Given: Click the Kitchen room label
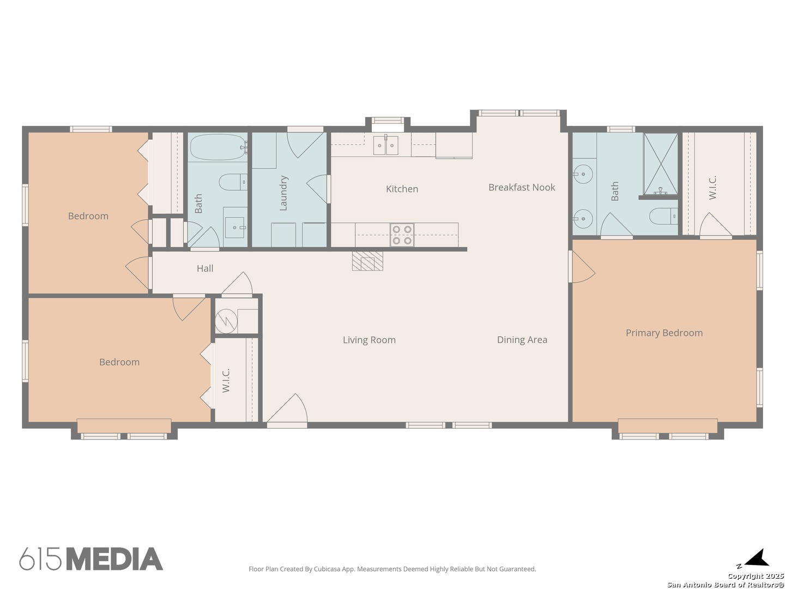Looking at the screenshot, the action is [x=402, y=189].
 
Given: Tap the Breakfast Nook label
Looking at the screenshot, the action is [x=522, y=188].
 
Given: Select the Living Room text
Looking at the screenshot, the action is [x=369, y=340].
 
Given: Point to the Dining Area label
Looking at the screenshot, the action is [x=522, y=340].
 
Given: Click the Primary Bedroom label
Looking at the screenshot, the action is [x=664, y=333].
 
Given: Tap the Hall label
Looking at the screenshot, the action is [x=205, y=268].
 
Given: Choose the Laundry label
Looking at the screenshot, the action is [x=283, y=193].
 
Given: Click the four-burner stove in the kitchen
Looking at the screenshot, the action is [x=402, y=235].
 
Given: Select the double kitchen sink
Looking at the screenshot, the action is [x=385, y=145].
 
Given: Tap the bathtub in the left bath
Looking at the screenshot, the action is [x=219, y=147].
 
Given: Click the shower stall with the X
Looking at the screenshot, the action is [x=660, y=164].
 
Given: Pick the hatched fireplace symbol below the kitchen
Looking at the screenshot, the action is [x=367, y=261].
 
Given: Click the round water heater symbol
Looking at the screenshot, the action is [x=226, y=321].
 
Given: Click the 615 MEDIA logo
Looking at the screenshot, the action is [x=91, y=558].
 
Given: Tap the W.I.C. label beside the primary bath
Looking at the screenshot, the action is [x=712, y=188].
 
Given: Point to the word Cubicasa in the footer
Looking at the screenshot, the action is [x=327, y=569].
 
